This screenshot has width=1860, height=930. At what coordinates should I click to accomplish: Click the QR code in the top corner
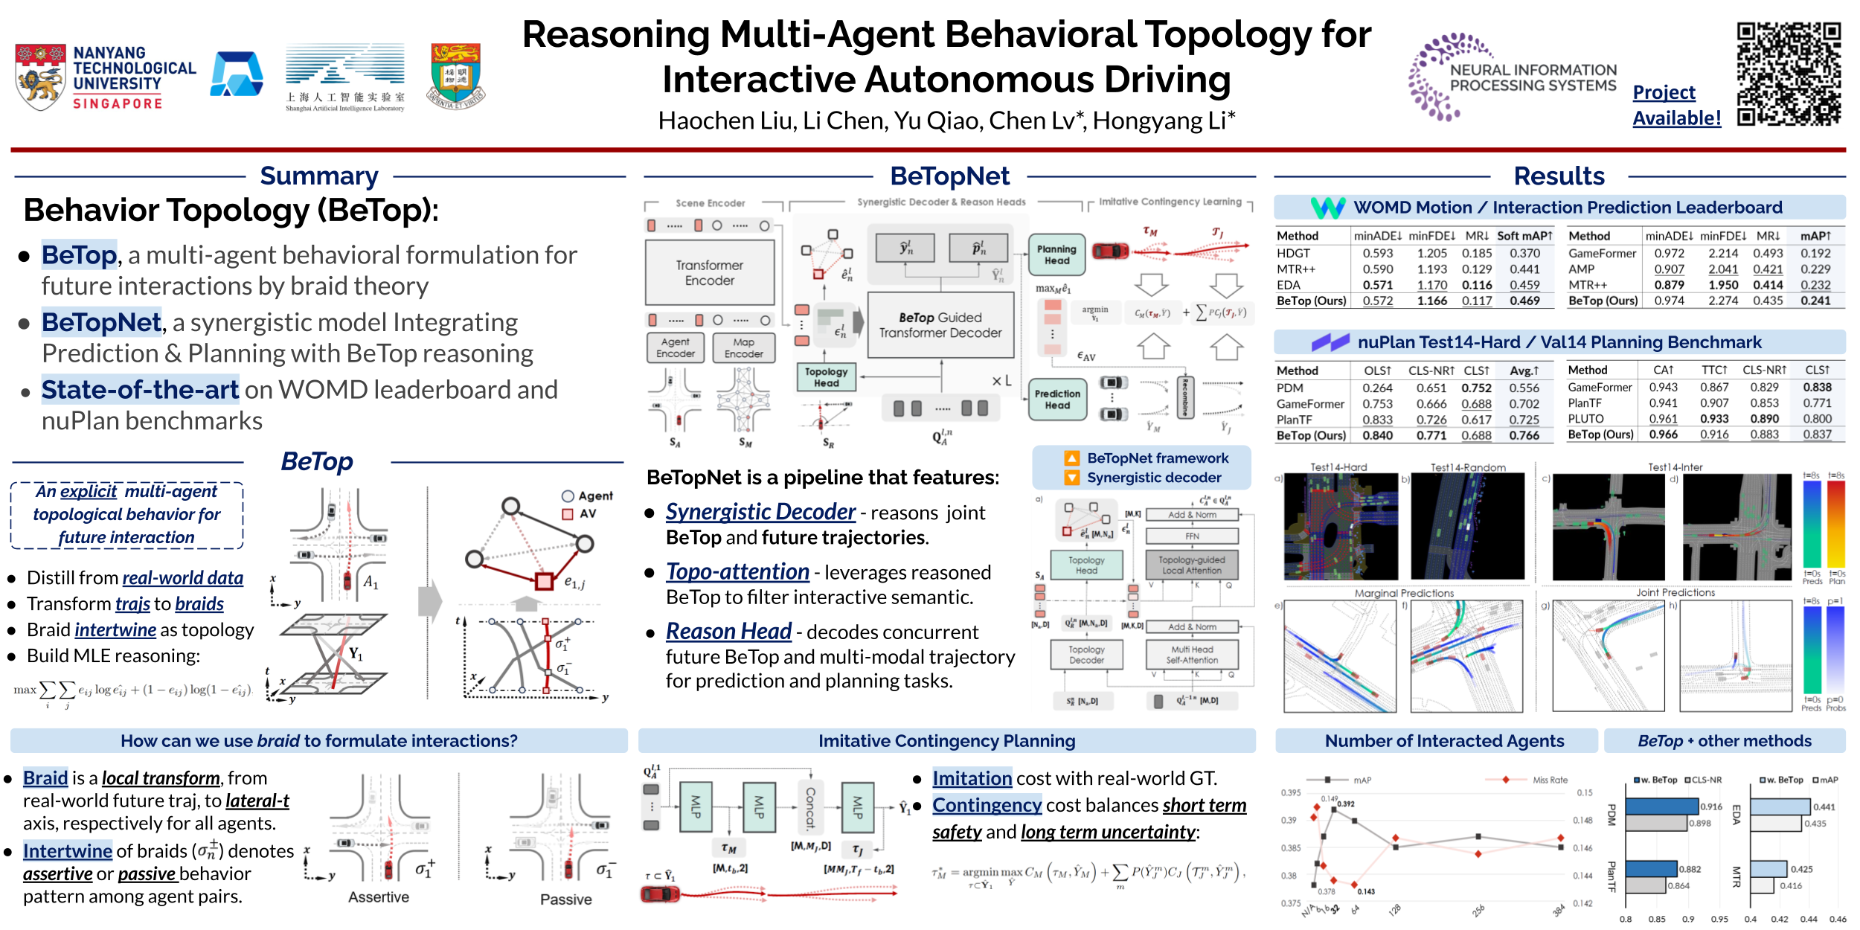1789,73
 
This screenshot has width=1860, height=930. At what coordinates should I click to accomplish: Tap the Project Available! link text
1676,105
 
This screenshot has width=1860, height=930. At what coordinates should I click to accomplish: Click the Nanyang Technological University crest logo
40,77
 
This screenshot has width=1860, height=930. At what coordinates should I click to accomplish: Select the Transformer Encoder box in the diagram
710,272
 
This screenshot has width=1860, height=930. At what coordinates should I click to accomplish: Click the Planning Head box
1056,254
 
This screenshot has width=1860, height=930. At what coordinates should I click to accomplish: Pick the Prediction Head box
1056,399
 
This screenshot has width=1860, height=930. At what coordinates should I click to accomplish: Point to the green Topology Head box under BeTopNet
826,376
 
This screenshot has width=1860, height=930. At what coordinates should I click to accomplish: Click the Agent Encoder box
675,347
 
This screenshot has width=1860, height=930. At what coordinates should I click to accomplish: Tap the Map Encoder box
743,347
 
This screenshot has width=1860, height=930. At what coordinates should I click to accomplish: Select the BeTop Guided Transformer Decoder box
940,325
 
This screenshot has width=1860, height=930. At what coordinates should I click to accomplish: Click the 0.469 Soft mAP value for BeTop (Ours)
1524,301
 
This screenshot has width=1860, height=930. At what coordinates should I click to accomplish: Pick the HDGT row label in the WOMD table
1293,253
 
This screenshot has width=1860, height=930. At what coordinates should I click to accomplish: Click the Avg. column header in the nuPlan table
1524,371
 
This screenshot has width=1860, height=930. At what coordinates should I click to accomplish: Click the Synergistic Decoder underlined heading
760,512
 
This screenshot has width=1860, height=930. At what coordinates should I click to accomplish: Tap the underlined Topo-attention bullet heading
737,571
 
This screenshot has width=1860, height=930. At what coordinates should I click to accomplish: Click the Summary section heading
319,176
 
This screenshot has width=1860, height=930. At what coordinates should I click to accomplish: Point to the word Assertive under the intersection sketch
378,897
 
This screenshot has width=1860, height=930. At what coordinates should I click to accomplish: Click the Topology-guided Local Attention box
1191,565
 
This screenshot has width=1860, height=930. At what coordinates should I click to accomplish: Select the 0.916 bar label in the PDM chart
1711,806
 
